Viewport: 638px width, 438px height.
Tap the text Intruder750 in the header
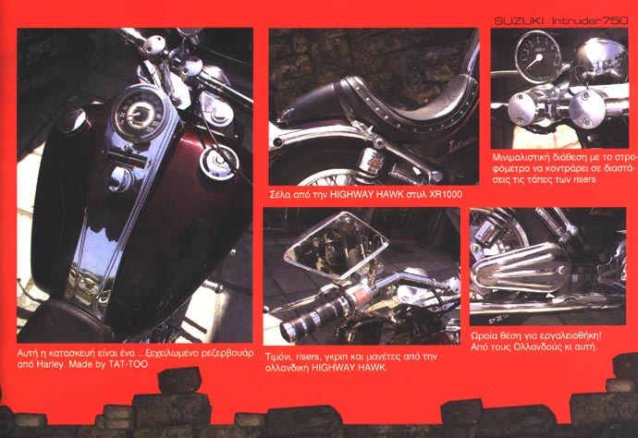[x=590, y=21]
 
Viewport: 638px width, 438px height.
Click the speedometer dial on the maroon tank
[x=138, y=114]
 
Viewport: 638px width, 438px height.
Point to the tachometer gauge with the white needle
[x=536, y=57]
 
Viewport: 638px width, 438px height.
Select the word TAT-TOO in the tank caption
[x=129, y=364]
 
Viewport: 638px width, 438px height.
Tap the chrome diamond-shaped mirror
[x=337, y=245]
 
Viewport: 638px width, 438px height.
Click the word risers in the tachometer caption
[x=584, y=179]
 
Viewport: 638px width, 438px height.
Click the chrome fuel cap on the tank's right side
[x=218, y=163]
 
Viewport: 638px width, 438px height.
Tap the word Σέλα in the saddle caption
[x=280, y=194]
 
